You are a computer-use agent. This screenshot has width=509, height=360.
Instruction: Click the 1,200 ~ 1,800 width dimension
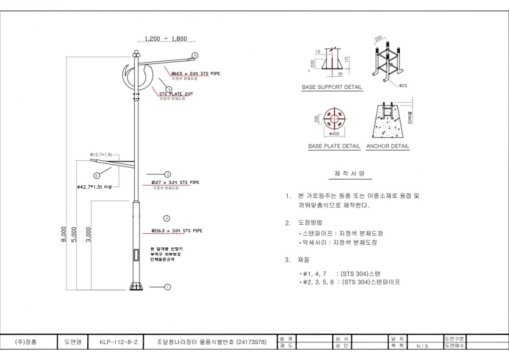point(162,38)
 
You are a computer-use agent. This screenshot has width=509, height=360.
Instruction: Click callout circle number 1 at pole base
point(168,286)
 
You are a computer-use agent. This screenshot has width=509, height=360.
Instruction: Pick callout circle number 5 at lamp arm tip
point(194,55)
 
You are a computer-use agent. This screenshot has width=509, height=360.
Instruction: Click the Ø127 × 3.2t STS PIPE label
point(175,182)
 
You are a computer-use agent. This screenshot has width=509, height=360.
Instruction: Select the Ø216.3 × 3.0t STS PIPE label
point(177,231)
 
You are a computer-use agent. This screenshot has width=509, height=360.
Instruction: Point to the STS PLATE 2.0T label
point(176,94)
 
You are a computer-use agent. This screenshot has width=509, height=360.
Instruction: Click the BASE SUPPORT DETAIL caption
point(332,87)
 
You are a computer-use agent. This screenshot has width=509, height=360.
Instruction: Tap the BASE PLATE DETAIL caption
point(334,146)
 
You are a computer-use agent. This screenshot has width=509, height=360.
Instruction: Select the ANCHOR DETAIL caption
point(388,146)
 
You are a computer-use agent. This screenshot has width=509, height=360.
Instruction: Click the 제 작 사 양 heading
point(350,174)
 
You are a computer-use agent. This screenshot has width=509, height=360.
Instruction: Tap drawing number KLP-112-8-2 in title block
point(118,342)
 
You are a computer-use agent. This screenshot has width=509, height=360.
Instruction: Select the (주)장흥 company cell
point(26,342)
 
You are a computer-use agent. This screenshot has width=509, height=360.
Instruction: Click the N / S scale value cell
point(422,345)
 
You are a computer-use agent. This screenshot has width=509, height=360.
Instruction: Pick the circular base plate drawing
point(333,119)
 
